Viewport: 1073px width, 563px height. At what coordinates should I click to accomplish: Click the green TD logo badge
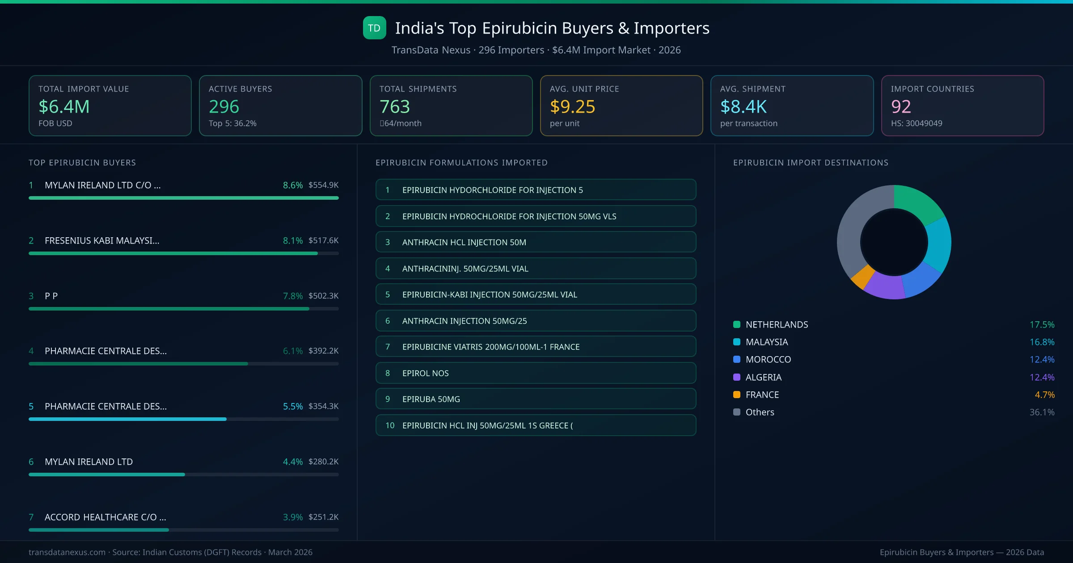pos(374,28)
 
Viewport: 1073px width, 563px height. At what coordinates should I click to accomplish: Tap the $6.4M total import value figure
pos(64,106)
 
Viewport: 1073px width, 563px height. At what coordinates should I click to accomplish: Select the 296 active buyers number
pos(224,106)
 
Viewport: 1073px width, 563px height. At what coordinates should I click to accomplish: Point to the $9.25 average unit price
pos(572,106)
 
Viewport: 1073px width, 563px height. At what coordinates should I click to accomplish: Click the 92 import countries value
pos(900,106)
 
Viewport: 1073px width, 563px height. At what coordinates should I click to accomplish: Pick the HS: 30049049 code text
pos(916,123)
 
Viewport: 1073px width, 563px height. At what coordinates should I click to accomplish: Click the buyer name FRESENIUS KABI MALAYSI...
pos(102,240)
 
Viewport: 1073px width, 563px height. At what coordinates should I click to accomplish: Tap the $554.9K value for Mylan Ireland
pos(323,185)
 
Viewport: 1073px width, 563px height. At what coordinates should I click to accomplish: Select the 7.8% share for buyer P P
pos(292,296)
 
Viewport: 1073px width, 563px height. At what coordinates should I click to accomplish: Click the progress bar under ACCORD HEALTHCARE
pos(183,530)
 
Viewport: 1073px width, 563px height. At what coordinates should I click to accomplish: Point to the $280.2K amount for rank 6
pos(323,462)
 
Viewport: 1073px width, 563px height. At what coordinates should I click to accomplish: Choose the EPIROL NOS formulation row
pos(536,373)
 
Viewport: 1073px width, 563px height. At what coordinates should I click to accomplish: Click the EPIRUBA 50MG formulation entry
pos(536,399)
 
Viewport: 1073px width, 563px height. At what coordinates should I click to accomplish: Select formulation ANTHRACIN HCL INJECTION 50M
pos(536,242)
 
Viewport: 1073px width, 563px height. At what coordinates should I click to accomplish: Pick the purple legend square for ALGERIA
pos(737,377)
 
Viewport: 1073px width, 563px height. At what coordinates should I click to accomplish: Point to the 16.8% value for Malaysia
pos(1042,342)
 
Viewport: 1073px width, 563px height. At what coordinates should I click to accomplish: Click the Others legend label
pos(760,412)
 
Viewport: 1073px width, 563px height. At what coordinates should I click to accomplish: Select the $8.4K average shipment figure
pos(743,106)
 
